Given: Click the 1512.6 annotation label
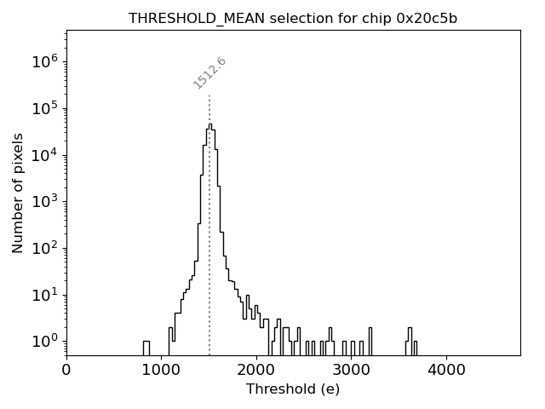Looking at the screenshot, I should (x=209, y=73).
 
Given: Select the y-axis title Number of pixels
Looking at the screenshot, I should (x=18, y=192).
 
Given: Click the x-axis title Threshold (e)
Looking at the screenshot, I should (x=293, y=389).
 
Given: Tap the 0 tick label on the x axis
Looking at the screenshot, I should (x=66, y=370).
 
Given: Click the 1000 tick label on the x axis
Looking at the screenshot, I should (x=161, y=370).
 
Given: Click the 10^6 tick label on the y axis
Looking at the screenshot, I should (x=45, y=61).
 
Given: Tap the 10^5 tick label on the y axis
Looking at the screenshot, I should (x=45, y=108).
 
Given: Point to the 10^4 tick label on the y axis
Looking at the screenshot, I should (x=45, y=155).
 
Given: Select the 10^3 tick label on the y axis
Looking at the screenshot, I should (x=45, y=202).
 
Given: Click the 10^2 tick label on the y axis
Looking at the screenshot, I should (x=45, y=249).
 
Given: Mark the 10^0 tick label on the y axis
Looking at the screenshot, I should (x=45, y=342).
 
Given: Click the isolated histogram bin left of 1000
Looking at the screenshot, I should (x=146, y=348).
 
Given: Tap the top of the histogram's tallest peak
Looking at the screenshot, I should (x=209, y=124).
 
